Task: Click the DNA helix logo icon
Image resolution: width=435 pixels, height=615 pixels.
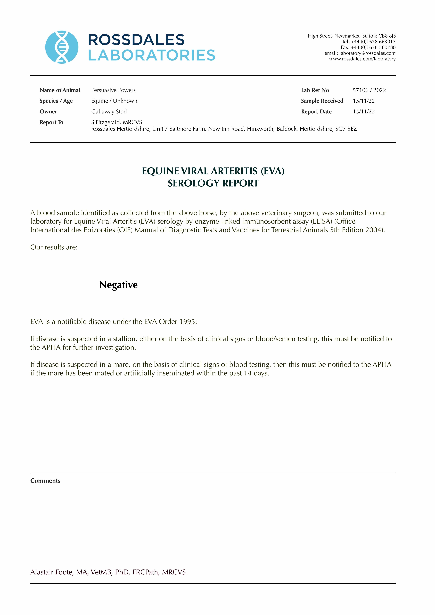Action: click(x=62, y=47)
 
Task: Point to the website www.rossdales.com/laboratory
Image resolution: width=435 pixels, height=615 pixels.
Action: click(x=362, y=59)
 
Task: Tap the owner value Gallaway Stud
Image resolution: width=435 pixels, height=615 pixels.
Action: click(x=109, y=112)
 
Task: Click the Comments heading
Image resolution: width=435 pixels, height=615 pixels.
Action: click(x=45, y=481)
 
